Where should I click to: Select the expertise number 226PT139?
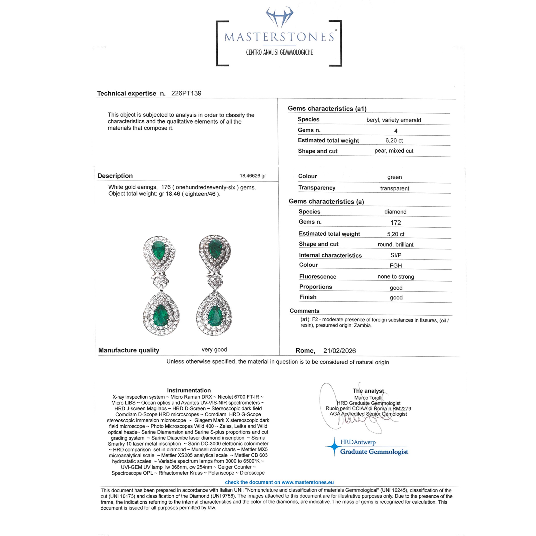coord(186,93)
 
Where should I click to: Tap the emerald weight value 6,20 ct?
coord(394,141)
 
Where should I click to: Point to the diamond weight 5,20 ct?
coord(396,234)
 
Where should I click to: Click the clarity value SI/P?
coord(396,255)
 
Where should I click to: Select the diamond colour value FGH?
coord(396,266)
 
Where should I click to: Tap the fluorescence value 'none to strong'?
coord(396,277)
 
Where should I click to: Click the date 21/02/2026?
coord(339,351)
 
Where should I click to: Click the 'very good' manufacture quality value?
coord(214,350)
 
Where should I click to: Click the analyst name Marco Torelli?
coord(368,398)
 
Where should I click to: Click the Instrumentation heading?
coord(189,390)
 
